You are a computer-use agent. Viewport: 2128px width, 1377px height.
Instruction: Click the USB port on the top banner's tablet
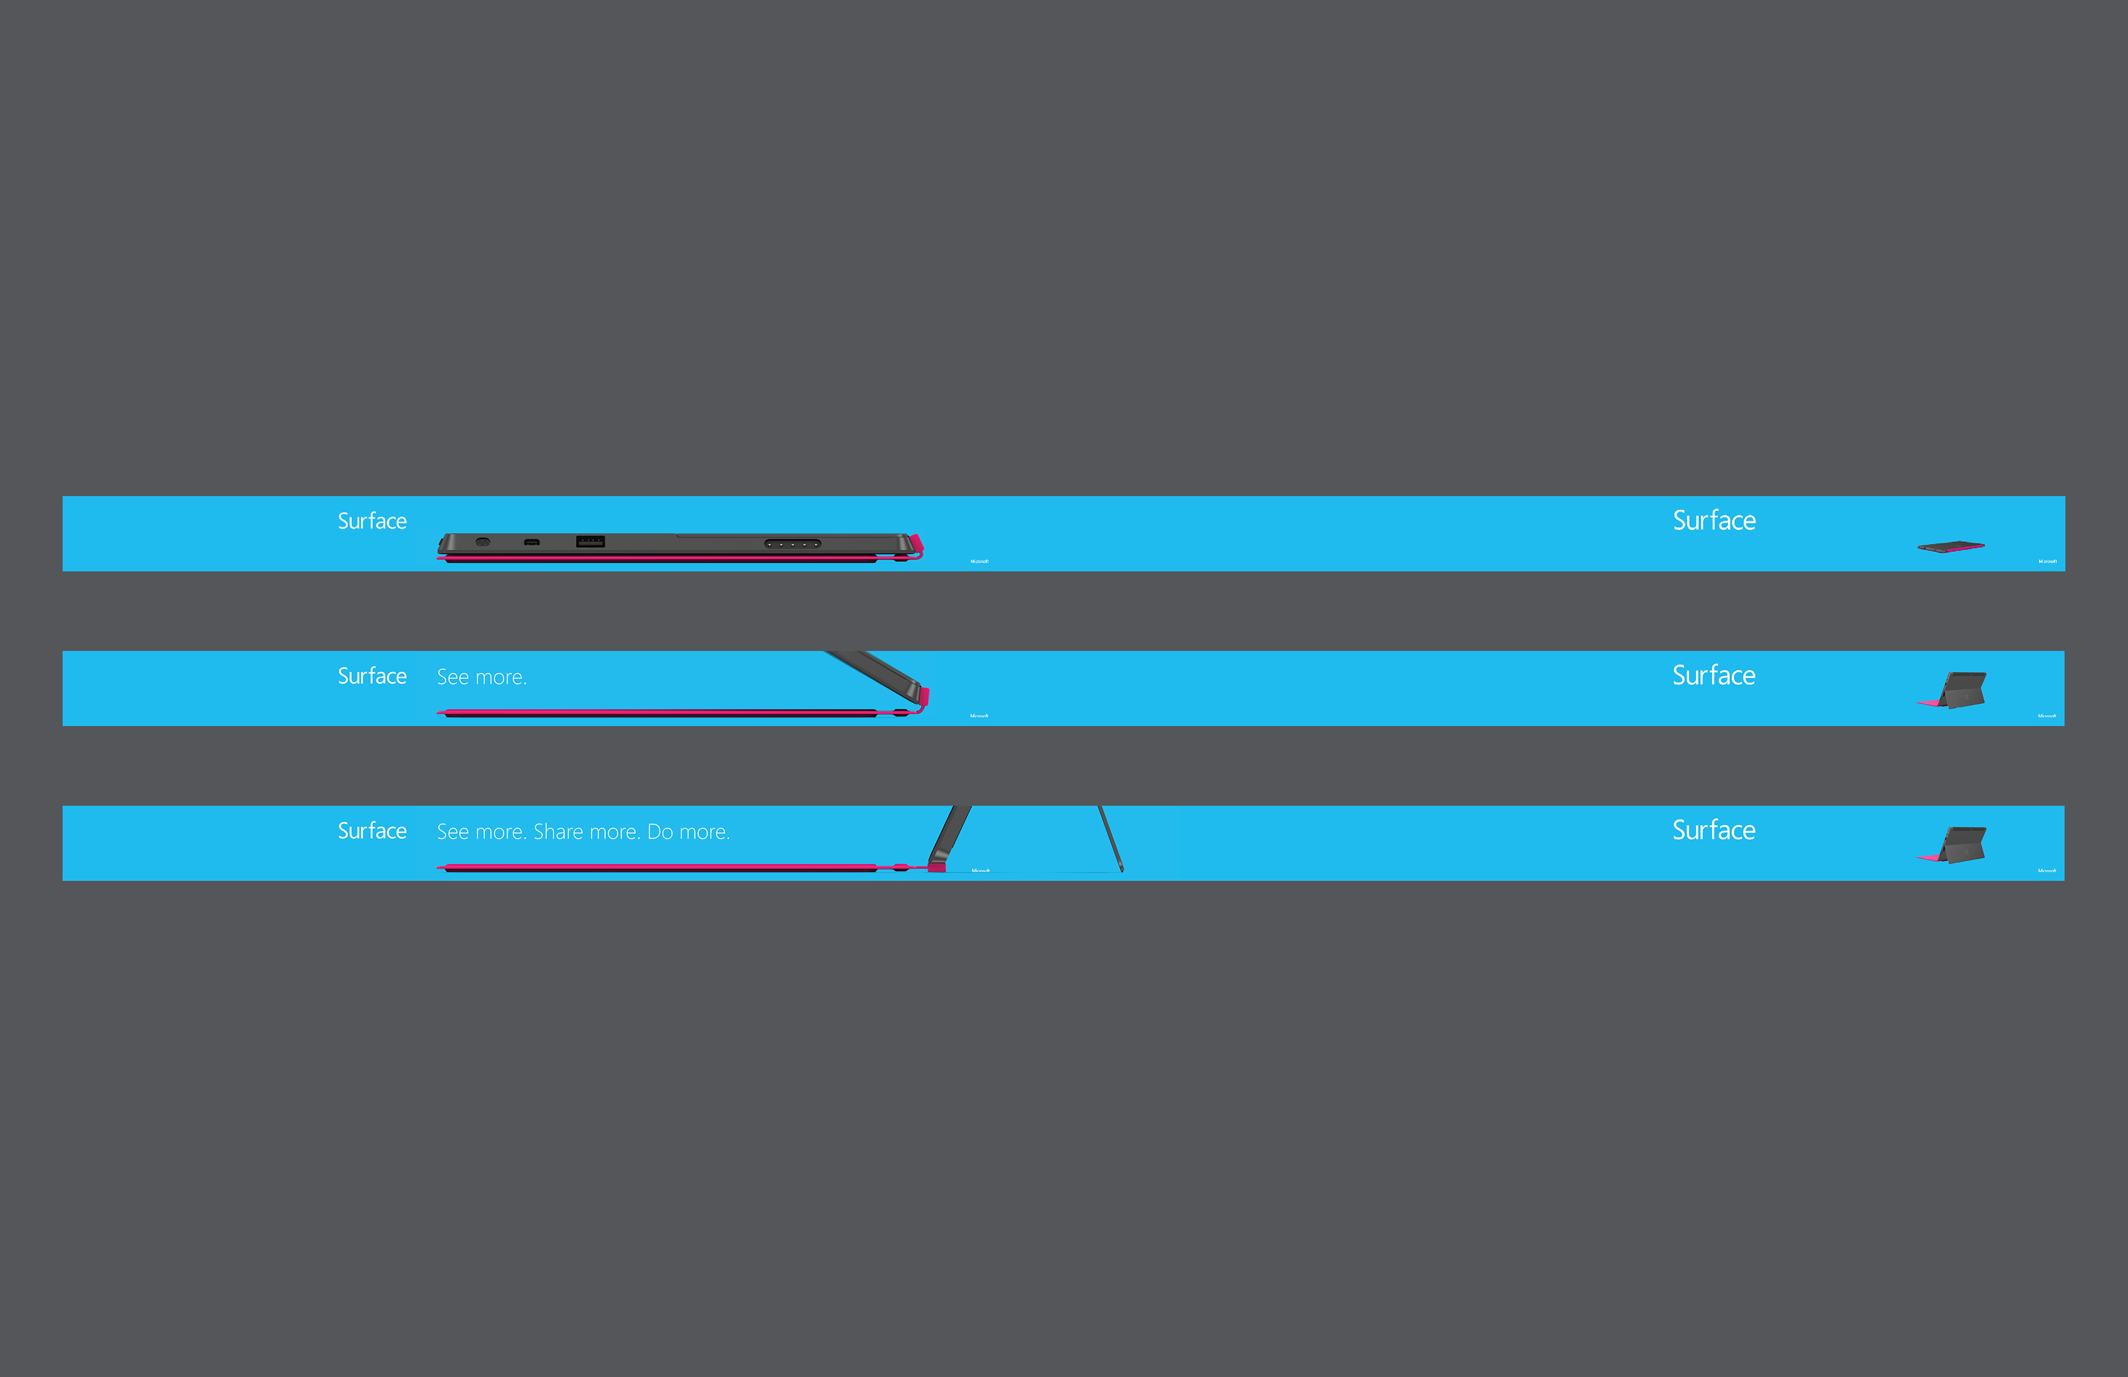click(x=590, y=541)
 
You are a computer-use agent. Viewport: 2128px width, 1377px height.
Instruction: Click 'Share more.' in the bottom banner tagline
click(x=586, y=832)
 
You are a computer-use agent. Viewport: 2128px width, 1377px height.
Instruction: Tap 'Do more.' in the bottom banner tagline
click(x=688, y=832)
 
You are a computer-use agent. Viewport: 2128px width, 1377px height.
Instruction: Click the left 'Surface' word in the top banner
click(x=372, y=521)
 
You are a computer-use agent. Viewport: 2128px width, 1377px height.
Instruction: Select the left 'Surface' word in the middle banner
click(x=372, y=676)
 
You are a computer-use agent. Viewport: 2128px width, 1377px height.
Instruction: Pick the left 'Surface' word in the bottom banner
click(x=372, y=831)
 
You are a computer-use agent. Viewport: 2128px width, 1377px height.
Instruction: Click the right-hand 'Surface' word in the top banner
click(x=1714, y=520)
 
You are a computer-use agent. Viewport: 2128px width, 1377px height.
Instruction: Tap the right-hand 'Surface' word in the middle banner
click(x=1714, y=675)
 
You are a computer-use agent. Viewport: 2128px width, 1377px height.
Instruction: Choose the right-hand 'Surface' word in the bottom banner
click(x=1714, y=830)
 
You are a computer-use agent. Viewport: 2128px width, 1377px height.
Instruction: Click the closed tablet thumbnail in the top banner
click(x=1951, y=546)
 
